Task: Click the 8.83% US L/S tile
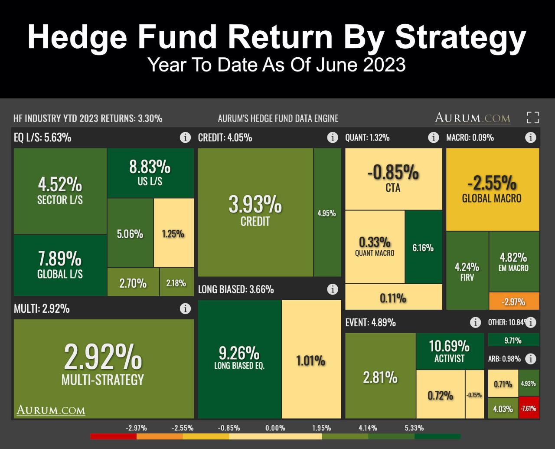click(150, 173)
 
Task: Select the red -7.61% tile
click(529, 408)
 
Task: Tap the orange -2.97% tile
click(514, 301)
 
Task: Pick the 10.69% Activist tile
click(450, 351)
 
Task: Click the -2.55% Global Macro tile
click(492, 189)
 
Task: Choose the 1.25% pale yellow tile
click(173, 233)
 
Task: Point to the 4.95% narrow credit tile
click(327, 213)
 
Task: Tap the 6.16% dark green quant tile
click(423, 247)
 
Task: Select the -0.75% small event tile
click(474, 394)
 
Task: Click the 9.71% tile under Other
click(513, 340)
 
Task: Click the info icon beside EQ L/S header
click(185, 138)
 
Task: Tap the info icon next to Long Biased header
click(333, 289)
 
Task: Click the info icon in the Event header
click(475, 322)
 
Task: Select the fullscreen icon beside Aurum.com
click(533, 118)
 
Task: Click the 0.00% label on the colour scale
click(275, 428)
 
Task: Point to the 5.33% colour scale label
click(414, 428)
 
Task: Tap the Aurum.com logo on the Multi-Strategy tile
click(51, 410)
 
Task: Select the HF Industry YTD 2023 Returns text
click(88, 118)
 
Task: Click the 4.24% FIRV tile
click(467, 271)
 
